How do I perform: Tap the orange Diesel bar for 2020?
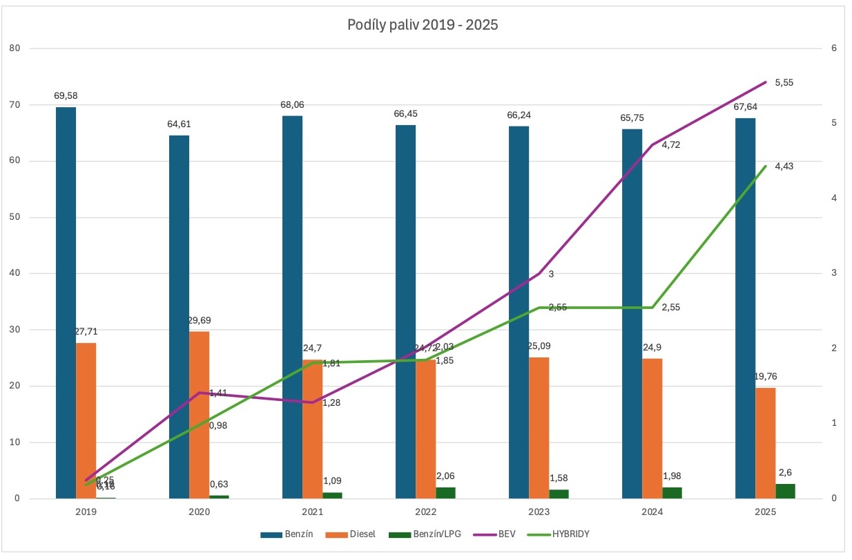pos(200,415)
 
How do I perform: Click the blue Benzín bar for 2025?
pos(746,308)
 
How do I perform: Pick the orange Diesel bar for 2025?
pos(766,442)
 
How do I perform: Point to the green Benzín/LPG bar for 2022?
pos(446,492)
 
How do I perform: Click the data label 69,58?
pos(66,96)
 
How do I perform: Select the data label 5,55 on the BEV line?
pos(785,82)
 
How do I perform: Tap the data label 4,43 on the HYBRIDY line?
pos(785,166)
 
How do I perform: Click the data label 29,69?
pos(200,321)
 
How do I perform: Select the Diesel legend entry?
pos(358,534)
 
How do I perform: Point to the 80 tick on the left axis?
pos(15,48)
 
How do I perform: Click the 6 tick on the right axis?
pos(835,48)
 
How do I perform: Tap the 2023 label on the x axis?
pos(539,512)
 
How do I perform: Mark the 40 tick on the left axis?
pos(15,273)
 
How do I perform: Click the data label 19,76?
pos(766,377)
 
